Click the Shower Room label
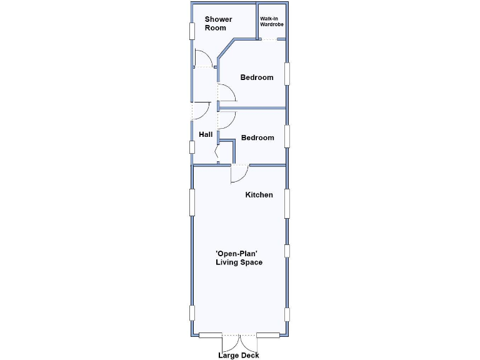tap(218, 24)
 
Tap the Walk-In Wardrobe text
tap(272, 21)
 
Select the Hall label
tap(206, 134)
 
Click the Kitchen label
tap(259, 195)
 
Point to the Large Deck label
tap(238, 356)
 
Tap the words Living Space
tap(239, 262)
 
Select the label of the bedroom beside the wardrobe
tap(257, 77)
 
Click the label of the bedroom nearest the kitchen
tap(257, 137)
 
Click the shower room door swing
tap(204, 59)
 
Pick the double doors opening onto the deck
tap(240, 342)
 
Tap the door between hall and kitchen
tap(239, 174)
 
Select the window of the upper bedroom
tap(287, 73)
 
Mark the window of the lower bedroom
tap(287, 136)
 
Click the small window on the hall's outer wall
tap(192, 147)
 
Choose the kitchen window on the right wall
tap(287, 203)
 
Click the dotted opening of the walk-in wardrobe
tap(269, 40)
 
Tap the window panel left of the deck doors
tap(211, 336)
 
